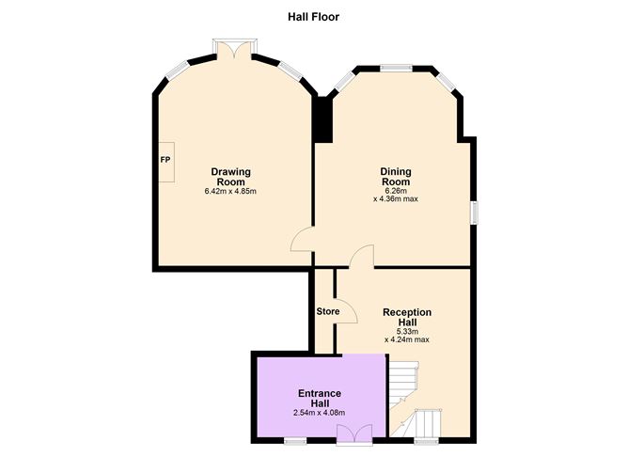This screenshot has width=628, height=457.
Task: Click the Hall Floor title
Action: click(x=314, y=17)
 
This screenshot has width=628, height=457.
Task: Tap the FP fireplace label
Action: click(x=165, y=160)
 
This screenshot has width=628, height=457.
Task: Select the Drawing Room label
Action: click(x=230, y=177)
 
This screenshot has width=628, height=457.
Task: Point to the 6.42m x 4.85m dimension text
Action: click(x=230, y=192)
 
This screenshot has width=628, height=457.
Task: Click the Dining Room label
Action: click(x=396, y=177)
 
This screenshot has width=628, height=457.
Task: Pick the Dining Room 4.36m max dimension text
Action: click(x=396, y=199)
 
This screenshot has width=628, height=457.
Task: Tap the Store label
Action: click(x=328, y=311)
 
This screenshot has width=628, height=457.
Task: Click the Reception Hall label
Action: click(x=407, y=317)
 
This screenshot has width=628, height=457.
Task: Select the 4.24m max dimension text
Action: click(x=407, y=339)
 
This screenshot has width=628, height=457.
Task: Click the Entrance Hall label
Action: click(x=320, y=398)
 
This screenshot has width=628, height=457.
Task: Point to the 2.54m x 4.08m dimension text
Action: click(x=320, y=413)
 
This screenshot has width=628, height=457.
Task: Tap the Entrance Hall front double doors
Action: click(x=354, y=434)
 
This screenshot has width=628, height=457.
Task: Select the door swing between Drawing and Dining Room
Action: click(x=302, y=240)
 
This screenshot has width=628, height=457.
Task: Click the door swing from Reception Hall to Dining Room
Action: click(x=362, y=257)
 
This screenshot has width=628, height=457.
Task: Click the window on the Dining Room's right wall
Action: click(x=474, y=213)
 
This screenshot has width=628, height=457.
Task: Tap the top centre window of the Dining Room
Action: click(x=396, y=69)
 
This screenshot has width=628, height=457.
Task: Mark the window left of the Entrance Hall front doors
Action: click(x=295, y=441)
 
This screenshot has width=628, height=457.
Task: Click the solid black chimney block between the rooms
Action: click(x=324, y=119)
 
